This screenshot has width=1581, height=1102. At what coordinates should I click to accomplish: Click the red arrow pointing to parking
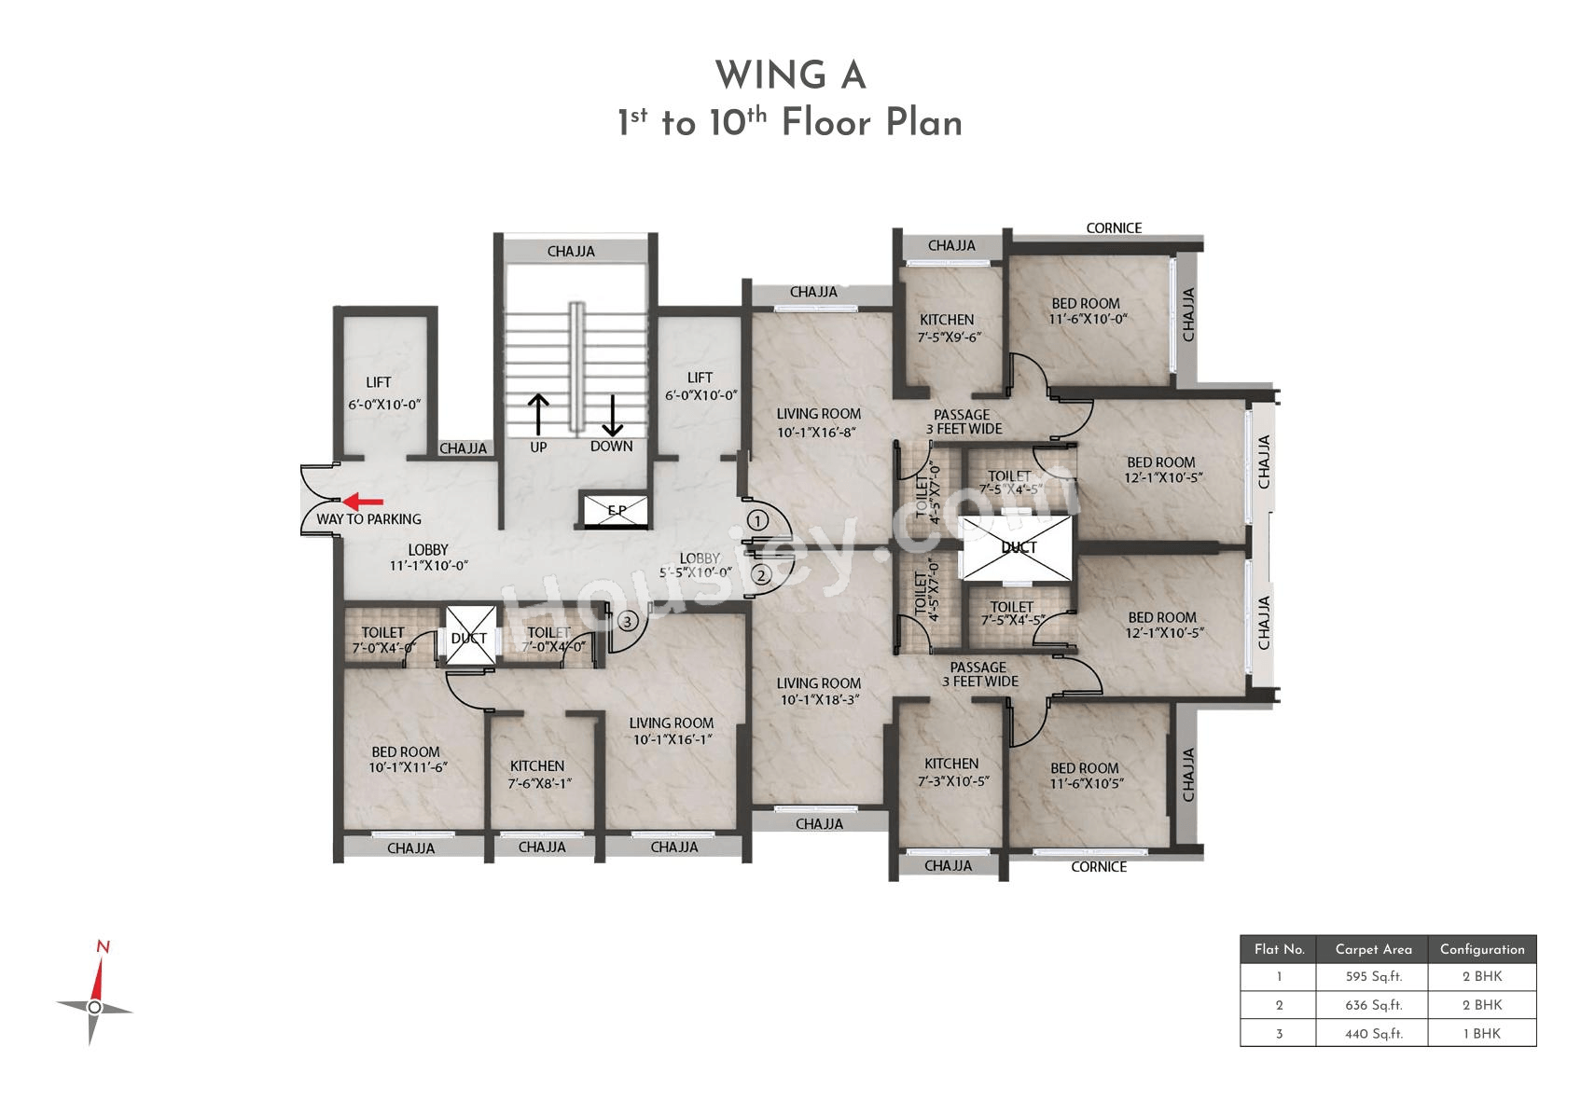point(363,502)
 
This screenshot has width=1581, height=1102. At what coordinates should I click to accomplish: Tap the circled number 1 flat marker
point(757,520)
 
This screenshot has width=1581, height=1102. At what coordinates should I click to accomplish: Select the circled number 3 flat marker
point(628,622)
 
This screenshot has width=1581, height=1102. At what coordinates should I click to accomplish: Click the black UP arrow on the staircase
point(538,415)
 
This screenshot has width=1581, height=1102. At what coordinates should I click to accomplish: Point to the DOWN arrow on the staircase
point(612,415)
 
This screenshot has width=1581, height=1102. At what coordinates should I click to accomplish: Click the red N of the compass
point(103,947)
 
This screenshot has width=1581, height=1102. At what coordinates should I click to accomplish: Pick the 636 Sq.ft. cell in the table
point(1373,1005)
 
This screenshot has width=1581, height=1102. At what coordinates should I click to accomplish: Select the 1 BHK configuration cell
point(1481,1034)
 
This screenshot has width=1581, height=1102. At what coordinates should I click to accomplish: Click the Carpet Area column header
point(1373,950)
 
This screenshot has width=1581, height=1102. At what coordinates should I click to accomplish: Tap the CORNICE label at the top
point(1114,227)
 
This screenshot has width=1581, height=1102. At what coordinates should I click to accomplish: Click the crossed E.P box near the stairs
point(617,510)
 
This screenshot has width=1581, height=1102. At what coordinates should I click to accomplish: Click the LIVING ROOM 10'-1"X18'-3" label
point(819,692)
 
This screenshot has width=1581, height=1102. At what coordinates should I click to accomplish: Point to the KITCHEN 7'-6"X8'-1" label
point(538,774)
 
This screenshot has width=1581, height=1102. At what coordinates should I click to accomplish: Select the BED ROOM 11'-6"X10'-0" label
point(1087,311)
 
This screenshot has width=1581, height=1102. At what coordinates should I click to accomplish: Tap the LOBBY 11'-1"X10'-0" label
point(428,558)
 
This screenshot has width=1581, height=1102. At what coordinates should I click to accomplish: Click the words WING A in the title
point(791,75)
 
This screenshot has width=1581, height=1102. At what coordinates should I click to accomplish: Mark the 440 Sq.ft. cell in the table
point(1373,1034)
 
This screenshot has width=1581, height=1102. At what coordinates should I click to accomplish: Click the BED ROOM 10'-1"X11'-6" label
point(407,759)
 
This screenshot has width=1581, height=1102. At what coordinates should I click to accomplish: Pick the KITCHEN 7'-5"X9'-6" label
point(948,328)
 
